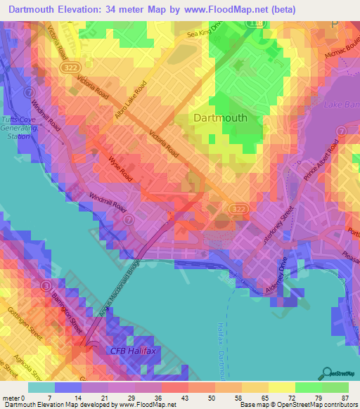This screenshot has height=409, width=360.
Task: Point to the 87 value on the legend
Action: click(x=345, y=397)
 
